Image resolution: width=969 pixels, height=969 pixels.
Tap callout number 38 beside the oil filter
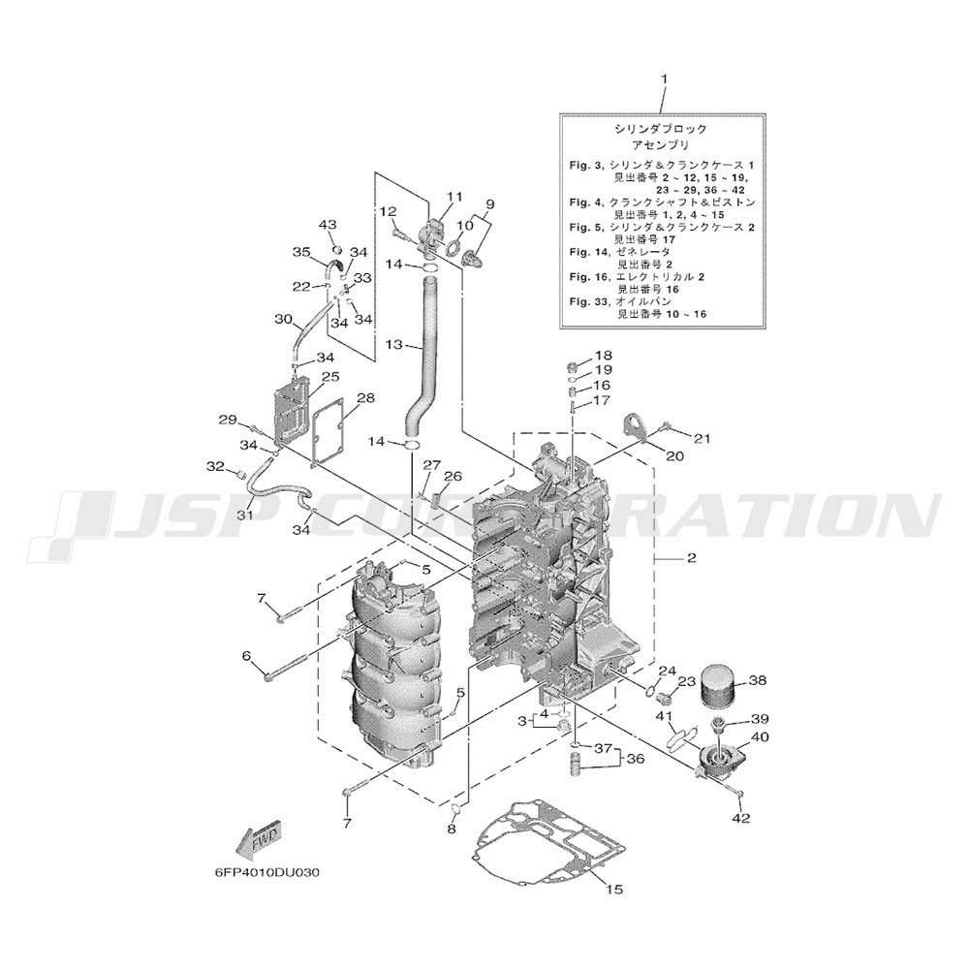coord(757,680)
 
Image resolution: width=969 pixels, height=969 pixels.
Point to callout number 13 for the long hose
coord(393,344)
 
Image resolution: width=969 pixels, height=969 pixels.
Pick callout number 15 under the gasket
coord(614,890)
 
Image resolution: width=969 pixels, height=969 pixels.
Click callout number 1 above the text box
coord(665,79)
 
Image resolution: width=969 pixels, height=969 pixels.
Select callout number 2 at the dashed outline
coord(692,558)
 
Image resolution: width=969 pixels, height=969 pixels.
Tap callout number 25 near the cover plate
coord(331,376)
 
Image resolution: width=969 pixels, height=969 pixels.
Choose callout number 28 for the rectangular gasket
coord(366,398)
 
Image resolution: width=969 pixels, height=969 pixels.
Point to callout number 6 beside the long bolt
coord(246,655)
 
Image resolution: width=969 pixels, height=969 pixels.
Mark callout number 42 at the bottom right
coord(741,818)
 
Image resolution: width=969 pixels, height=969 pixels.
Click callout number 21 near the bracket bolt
coord(702,439)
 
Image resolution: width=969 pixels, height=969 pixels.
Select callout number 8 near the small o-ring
coord(452,829)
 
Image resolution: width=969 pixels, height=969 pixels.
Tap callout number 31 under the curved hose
coord(245,515)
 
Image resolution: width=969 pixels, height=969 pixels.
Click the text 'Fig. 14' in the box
coord(587,252)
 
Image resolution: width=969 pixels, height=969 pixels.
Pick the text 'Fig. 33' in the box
coord(587,301)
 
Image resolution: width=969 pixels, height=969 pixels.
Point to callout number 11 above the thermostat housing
coord(454,197)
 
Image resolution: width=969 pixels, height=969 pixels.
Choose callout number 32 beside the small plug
coord(215,467)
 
